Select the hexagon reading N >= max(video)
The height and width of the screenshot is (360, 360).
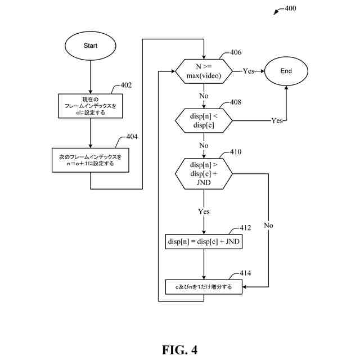pyautogui.click(x=204, y=71)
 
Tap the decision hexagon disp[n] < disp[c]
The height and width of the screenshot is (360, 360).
pyautogui.click(x=204, y=120)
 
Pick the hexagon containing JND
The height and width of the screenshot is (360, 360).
pyautogui.click(x=204, y=174)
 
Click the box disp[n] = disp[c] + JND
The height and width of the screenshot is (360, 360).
pyautogui.click(x=204, y=241)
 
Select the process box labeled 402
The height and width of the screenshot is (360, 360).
pyautogui.click(x=91, y=106)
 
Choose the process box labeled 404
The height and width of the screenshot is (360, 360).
pyautogui.click(x=91, y=160)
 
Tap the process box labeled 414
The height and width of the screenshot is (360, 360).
pyautogui.click(x=204, y=287)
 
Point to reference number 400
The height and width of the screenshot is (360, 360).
pyautogui.click(x=290, y=8)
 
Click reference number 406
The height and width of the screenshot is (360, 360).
pyautogui.click(x=236, y=52)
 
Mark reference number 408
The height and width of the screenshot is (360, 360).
pyautogui.click(x=236, y=102)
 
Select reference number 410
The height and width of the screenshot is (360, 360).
pyautogui.click(x=236, y=152)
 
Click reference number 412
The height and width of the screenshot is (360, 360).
pyautogui.click(x=245, y=228)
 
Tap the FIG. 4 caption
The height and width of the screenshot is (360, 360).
pyautogui.click(x=180, y=350)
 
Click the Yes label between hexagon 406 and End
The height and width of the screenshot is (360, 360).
pyautogui.click(x=249, y=71)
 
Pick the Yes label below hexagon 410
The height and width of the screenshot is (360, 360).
pyautogui.click(x=204, y=211)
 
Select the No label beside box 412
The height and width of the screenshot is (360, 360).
pyautogui.click(x=268, y=226)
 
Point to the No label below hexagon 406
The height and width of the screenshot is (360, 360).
pyautogui.click(x=204, y=96)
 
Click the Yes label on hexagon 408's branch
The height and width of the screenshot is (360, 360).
pyautogui.click(x=277, y=120)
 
